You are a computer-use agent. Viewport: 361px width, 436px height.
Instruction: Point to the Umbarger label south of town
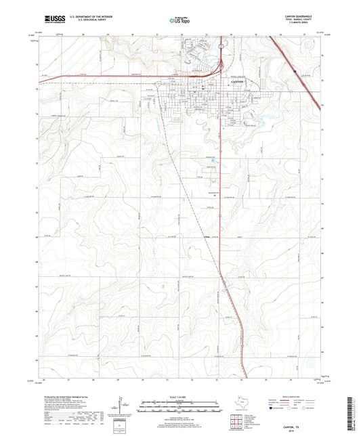tap(207, 236)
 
